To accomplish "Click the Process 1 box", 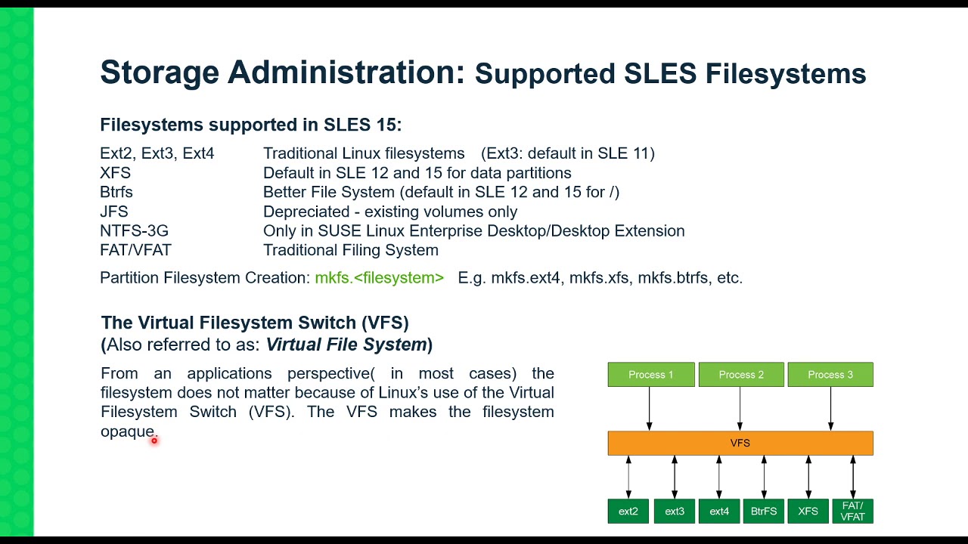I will coord(650,375).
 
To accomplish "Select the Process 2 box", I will coord(740,375).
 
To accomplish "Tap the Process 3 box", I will coord(830,375).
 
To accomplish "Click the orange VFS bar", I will coord(740,443).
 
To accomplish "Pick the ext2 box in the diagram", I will coord(628,512).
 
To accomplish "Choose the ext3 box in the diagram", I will coord(674,512).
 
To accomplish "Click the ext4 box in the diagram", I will coord(719,512).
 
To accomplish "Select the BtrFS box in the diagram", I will coord(764,512).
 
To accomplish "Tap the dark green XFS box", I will coord(808,512).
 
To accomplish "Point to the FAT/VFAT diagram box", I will coord(852,512).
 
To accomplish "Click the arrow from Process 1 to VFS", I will coord(649,409).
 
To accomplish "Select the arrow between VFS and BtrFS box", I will coord(764,477).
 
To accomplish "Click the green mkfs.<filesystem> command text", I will coord(379,278).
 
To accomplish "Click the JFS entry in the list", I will coord(114,212).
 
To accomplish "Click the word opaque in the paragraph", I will coord(127,431).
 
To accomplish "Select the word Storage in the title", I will coord(159,73).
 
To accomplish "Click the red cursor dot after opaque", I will coord(154,440).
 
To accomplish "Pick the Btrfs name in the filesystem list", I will coord(116,192).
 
